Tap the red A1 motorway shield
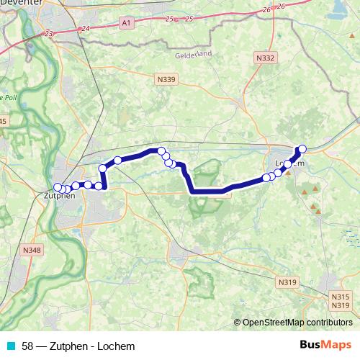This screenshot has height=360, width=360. click(127, 24)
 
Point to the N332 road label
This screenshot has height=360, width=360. click(266, 57)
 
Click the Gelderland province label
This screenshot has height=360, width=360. click(193, 55)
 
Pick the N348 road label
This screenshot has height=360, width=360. click(32, 250)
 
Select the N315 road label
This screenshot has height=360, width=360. click(341, 297)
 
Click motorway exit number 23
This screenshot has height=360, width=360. click(49, 34)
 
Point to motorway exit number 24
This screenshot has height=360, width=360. click(86, 28)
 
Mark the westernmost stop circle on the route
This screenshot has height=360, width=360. click(58, 188)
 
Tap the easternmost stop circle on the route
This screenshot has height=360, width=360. click(302, 148)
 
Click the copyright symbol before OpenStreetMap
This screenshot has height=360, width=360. click(238, 323)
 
